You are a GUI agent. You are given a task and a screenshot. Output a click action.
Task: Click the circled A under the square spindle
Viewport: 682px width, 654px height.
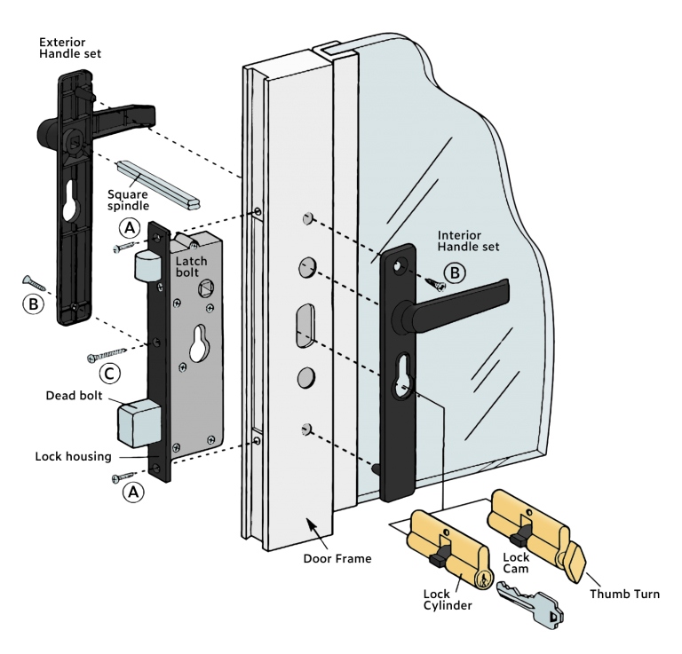click(130, 229)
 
